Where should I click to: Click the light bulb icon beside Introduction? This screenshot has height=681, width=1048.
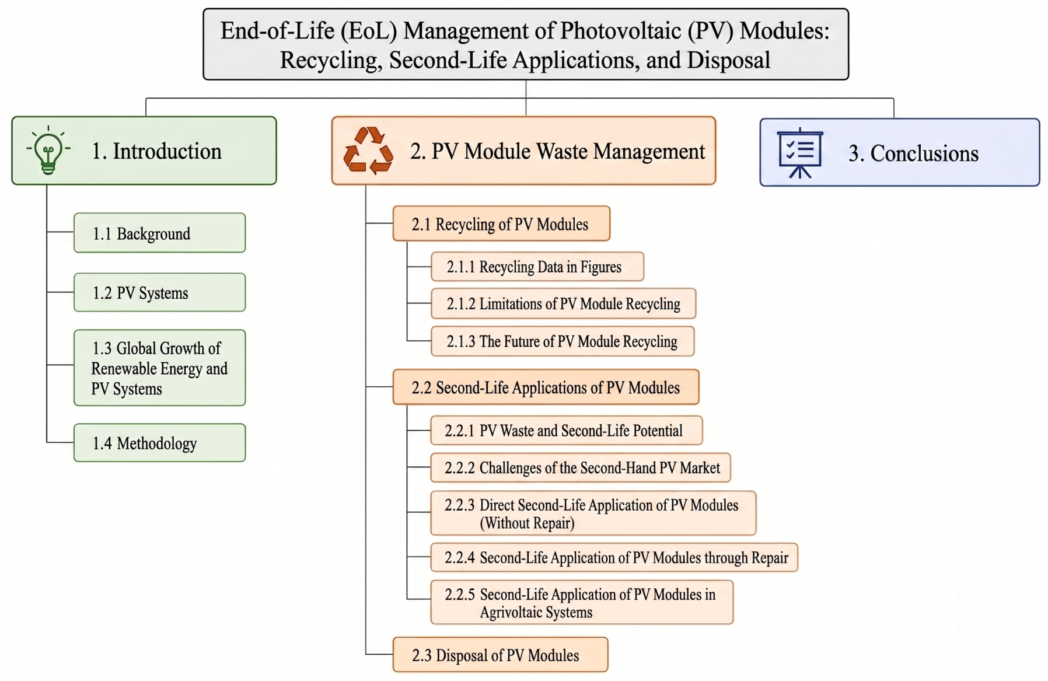coord(48,151)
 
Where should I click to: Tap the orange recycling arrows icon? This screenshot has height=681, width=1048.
coord(368,151)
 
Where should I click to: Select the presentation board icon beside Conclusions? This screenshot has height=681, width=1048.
coord(799,153)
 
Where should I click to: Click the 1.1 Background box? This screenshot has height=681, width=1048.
coord(159,233)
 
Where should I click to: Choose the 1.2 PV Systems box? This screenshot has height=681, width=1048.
coord(159,292)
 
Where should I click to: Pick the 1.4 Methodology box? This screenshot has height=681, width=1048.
coord(159,443)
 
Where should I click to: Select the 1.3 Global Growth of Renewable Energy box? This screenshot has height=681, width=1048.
coord(159,368)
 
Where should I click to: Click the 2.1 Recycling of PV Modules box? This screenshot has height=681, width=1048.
coord(501,223)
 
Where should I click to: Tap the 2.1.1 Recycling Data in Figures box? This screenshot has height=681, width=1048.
coord(537,267)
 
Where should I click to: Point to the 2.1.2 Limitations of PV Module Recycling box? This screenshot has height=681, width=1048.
coord(563,303)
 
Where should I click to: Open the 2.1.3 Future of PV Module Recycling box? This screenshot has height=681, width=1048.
coord(563,341)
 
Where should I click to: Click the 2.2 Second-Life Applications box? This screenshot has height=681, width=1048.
coord(546,387)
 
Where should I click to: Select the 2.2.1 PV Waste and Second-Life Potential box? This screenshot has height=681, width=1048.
coord(566,431)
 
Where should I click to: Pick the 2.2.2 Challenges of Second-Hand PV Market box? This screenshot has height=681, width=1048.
coord(580,467)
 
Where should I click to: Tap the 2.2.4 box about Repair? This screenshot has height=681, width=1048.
coord(614,557)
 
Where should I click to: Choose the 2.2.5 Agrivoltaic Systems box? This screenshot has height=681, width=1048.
coord(581,602)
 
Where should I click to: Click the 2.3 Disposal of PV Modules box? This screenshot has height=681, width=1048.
coord(500,655)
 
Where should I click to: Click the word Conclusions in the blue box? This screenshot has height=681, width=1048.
coord(924,153)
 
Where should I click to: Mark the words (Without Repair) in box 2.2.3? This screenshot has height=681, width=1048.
coord(527,523)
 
